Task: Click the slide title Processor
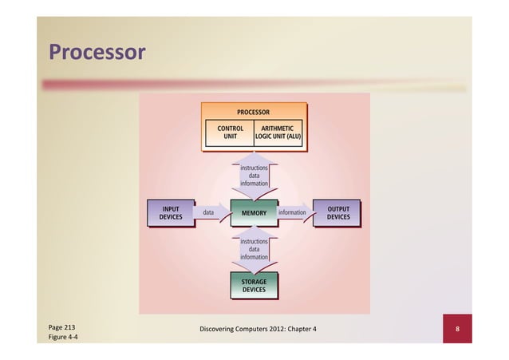point(97,53)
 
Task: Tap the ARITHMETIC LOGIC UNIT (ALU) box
point(278,132)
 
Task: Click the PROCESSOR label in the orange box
point(253,113)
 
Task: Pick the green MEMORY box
point(254,213)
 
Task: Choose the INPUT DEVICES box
point(171,212)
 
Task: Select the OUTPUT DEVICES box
point(338,212)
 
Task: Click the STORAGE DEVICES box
point(254,286)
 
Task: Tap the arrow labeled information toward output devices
point(294,213)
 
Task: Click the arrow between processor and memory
point(254,176)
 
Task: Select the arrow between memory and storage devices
point(254,249)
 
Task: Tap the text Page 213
point(61,328)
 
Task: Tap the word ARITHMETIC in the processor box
point(278,127)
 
